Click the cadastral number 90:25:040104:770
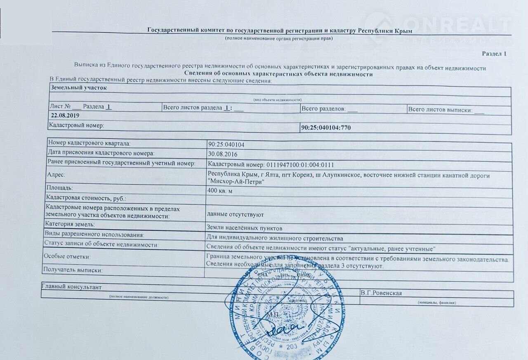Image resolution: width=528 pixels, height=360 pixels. coord(326,128)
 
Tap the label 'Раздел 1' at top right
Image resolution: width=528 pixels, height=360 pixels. coord(494,54)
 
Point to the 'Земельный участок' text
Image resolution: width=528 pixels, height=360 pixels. coord(79,88)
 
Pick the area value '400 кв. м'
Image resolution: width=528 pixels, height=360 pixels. coord(221,190)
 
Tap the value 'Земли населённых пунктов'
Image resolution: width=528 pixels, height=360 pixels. coord(244,227)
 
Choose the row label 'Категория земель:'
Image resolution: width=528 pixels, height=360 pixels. coord(71,225)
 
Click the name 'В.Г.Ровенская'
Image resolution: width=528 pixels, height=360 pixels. coord(381,293)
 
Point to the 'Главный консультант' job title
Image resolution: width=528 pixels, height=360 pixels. coord(71,287)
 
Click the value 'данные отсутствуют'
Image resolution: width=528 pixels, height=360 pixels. coord(235,215)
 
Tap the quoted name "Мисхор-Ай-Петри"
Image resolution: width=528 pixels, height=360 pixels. coord(236,182)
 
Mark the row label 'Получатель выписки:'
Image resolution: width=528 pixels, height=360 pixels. coord(73,270)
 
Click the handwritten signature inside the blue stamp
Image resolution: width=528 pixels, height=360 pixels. coord(285,329)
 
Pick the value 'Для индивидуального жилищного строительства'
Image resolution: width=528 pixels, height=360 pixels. coord(275,239)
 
